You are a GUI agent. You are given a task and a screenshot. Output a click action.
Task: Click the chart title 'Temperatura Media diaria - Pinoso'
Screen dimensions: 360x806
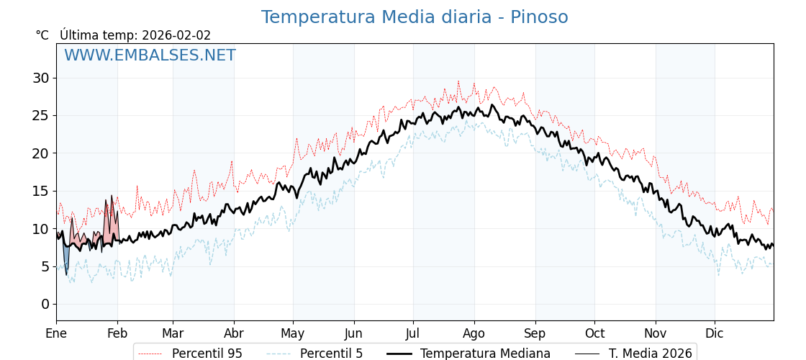pyautogui.click(x=414, y=17)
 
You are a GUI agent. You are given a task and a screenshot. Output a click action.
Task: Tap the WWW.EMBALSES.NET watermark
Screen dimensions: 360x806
pyautogui.click(x=150, y=55)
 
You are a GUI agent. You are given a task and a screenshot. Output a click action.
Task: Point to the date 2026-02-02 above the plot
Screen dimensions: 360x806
pyautogui.click(x=176, y=35)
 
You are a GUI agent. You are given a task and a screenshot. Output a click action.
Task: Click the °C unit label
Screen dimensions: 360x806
pyautogui.click(x=42, y=35)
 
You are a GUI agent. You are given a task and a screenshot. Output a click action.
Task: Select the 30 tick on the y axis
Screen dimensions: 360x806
pyautogui.click(x=40, y=78)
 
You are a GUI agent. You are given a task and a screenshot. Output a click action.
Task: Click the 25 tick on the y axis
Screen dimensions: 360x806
pyautogui.click(x=40, y=115)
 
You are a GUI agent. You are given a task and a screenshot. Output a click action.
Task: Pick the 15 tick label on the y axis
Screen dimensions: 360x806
pyautogui.click(x=40, y=191)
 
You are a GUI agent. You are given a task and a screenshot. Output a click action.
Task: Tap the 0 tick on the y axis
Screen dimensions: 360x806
pyautogui.click(x=45, y=304)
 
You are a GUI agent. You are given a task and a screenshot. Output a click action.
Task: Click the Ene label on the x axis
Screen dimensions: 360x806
pyautogui.click(x=56, y=334)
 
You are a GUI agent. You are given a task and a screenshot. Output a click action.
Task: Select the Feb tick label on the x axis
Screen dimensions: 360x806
pyautogui.click(x=117, y=334)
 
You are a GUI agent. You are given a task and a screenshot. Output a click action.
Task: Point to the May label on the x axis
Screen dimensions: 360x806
pyautogui.click(x=293, y=334)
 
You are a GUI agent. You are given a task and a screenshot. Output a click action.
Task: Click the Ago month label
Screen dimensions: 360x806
pyautogui.click(x=474, y=334)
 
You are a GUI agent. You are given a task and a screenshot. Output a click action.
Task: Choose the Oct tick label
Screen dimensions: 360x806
pyautogui.click(x=594, y=334)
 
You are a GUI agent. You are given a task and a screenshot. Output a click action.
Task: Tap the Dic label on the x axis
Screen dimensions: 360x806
pyautogui.click(x=715, y=334)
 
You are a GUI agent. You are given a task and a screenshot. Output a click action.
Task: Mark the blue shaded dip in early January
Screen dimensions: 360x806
pyautogui.click(x=66, y=256)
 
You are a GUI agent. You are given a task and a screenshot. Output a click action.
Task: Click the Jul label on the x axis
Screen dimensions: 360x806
pyautogui.click(x=413, y=334)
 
